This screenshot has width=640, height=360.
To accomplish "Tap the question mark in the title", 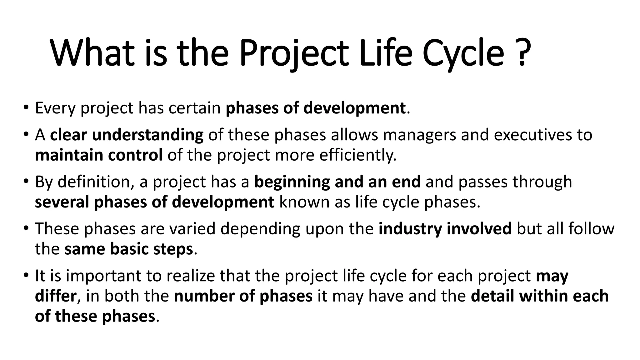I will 522,53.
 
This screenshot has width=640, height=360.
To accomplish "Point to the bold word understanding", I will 147,135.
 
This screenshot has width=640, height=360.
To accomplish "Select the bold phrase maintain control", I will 98,155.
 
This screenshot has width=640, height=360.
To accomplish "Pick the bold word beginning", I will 292,182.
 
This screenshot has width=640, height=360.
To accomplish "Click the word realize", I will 190,276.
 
